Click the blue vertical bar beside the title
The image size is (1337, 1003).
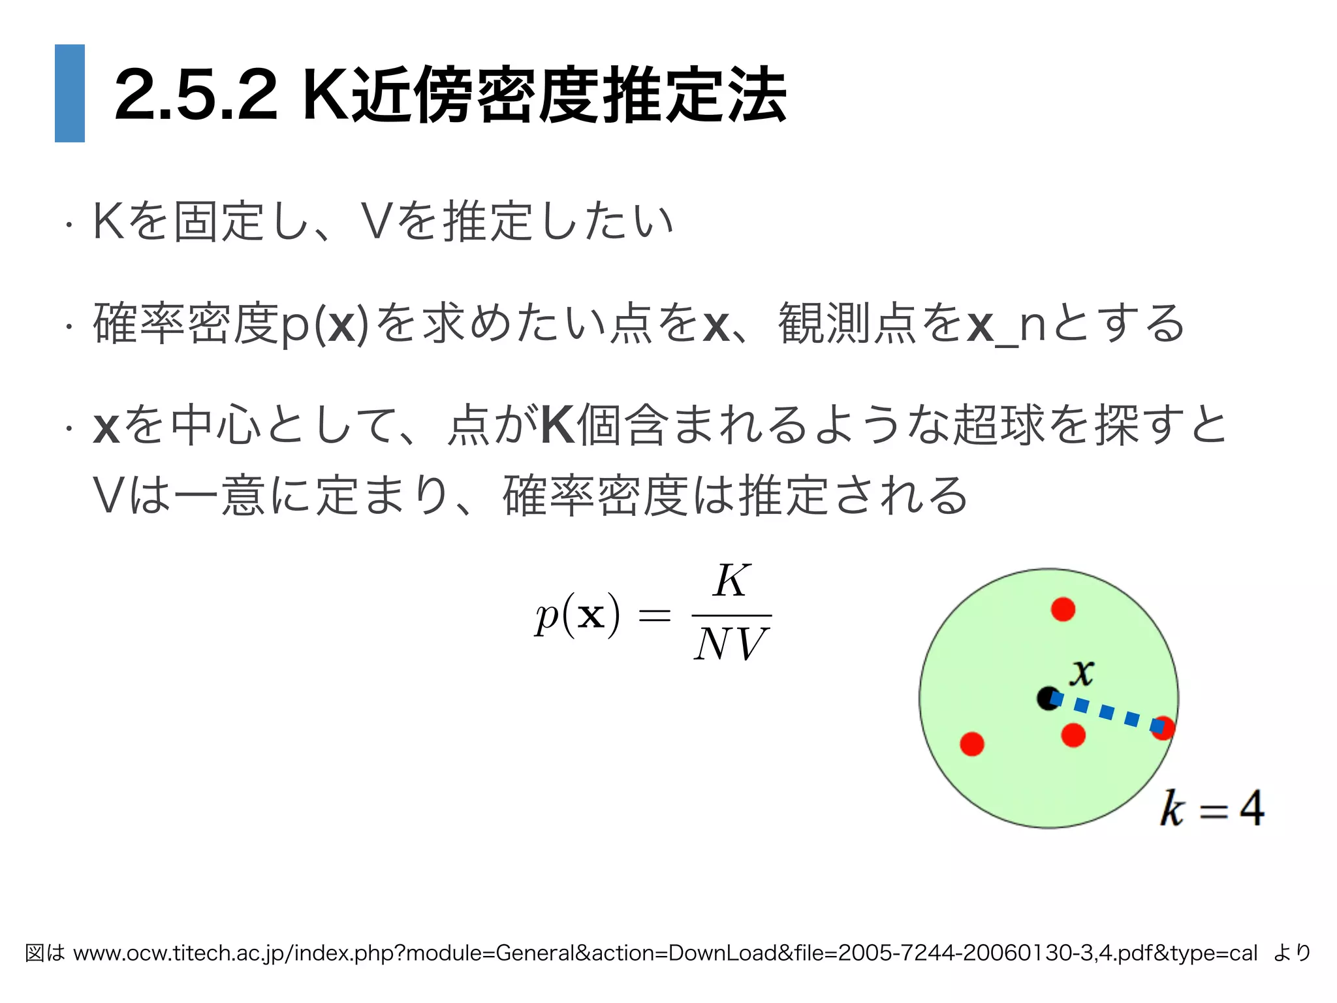tap(70, 93)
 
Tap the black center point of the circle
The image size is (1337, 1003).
tap(1048, 698)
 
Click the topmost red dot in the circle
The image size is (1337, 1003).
tap(1063, 609)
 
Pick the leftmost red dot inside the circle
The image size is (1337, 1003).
tap(972, 744)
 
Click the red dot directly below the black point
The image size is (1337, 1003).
tap(1073, 735)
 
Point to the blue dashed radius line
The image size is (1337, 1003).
tap(1107, 712)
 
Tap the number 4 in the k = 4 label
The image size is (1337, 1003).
tap(1251, 808)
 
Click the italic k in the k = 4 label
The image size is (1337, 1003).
tap(1172, 808)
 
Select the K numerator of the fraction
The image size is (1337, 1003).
tap(731, 581)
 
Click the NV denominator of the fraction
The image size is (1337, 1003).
tap(731, 645)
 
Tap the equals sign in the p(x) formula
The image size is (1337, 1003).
tap(654, 614)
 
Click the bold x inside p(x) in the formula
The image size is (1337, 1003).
tap(591, 615)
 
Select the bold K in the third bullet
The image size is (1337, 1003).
tap(558, 425)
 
